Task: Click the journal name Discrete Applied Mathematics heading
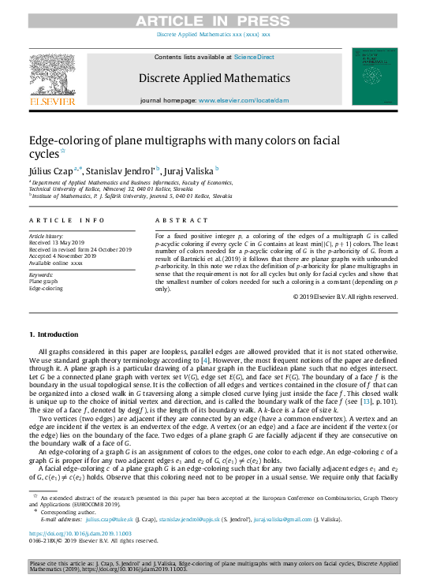point(214,78)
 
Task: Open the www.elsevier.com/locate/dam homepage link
point(243,101)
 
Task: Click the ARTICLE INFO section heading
point(66,221)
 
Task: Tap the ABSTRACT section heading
point(182,221)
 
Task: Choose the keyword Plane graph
point(45,282)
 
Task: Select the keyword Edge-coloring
point(46,289)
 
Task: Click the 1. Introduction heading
point(57,334)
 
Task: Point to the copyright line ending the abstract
point(345,297)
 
